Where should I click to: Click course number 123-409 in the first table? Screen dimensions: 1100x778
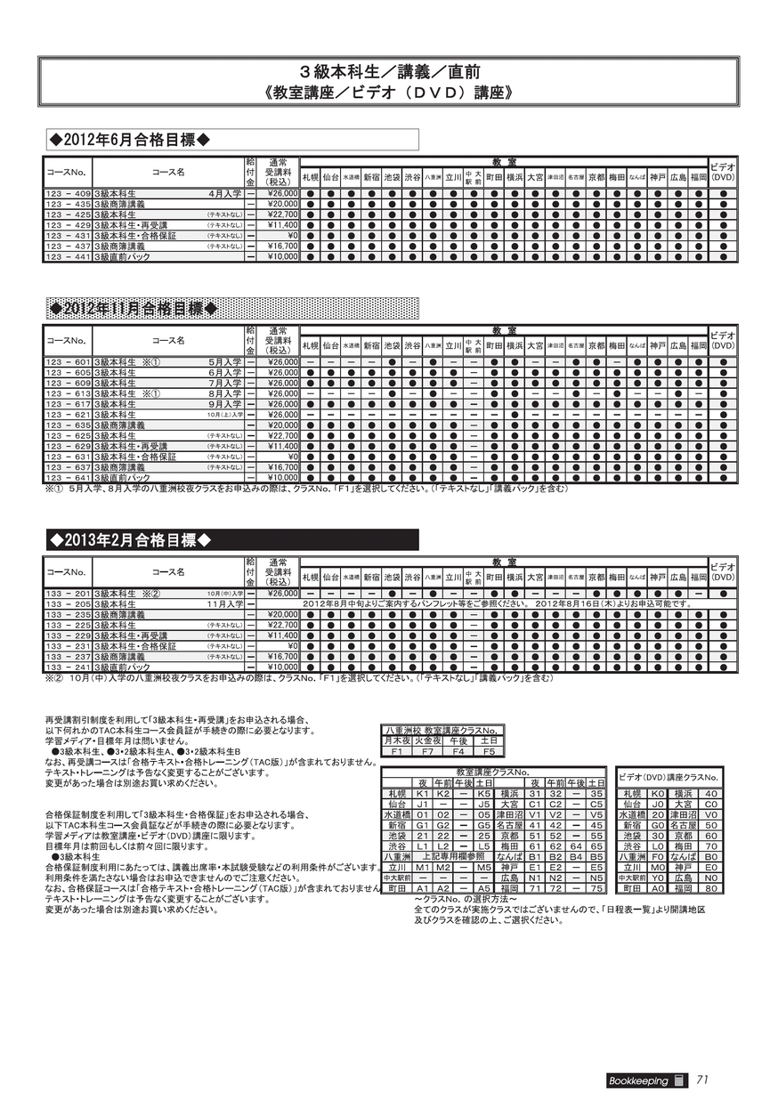(x=68, y=192)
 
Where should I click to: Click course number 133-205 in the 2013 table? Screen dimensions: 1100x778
(x=68, y=603)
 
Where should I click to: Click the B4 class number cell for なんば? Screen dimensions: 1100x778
(x=575, y=856)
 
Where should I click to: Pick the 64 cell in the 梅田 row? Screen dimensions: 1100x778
(x=575, y=845)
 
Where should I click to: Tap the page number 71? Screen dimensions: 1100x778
(x=702, y=1080)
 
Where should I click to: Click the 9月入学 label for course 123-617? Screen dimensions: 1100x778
(x=224, y=403)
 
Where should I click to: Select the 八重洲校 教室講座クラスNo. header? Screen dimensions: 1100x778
(x=442, y=731)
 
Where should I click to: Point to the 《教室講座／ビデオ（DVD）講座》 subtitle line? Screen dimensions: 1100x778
(x=388, y=92)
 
